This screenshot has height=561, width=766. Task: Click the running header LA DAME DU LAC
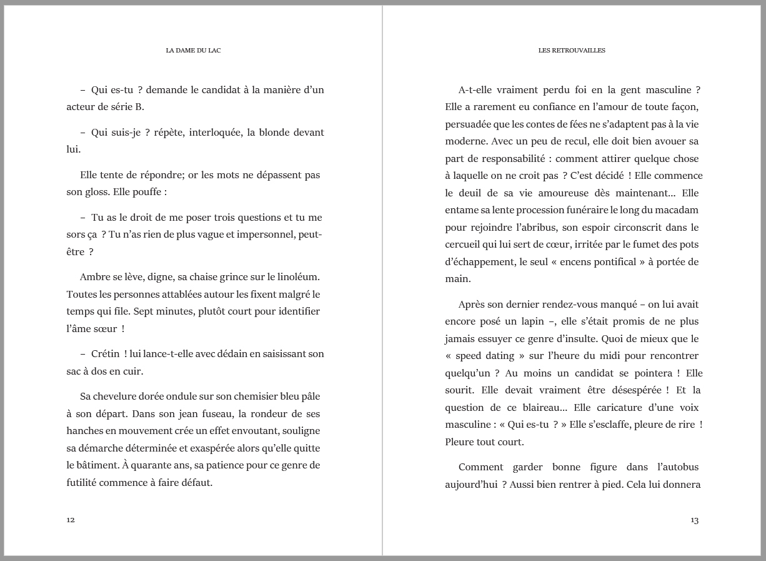pyautogui.click(x=193, y=51)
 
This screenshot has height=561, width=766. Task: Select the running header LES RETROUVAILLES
pyautogui.click(x=572, y=51)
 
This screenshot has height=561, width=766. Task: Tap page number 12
pyautogui.click(x=71, y=520)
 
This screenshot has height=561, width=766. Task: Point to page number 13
pyautogui.click(x=694, y=520)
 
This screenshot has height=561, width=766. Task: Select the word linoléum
pyautogui.click(x=299, y=276)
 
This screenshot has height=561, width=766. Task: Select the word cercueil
pyautogui.click(x=466, y=244)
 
